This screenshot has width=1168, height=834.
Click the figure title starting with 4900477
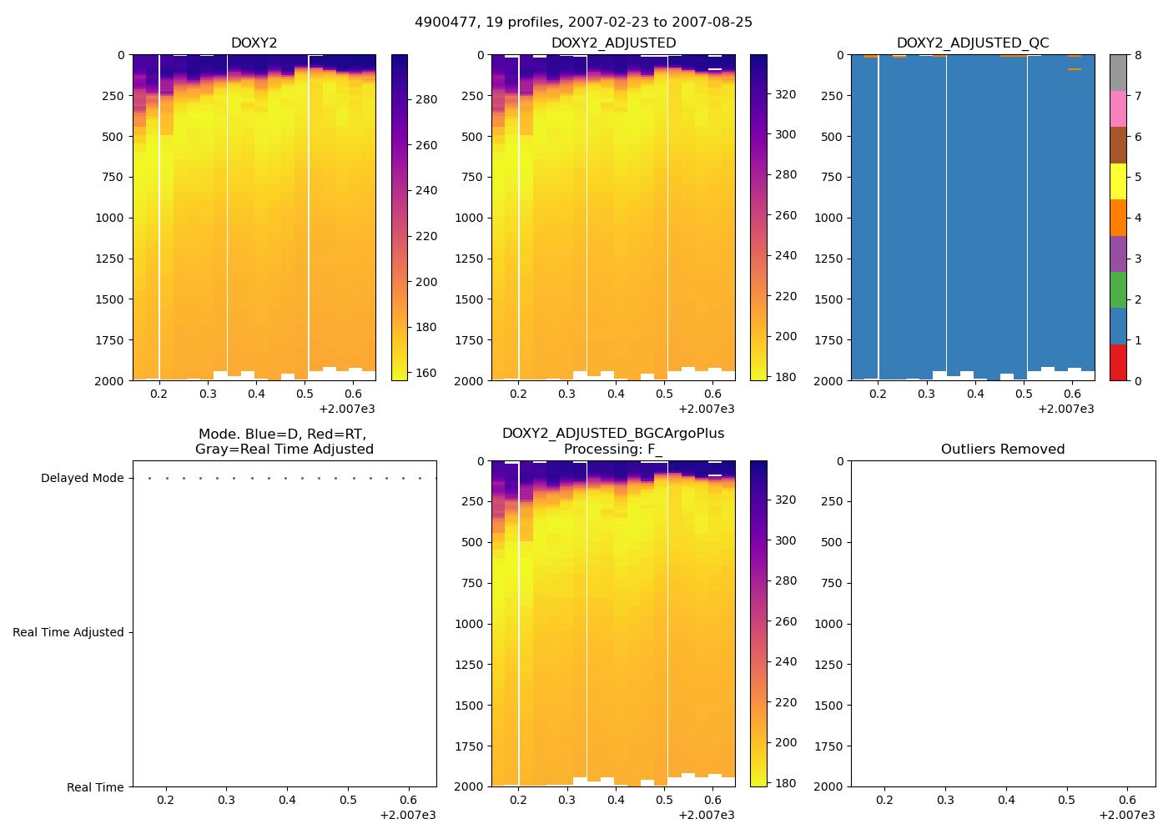tap(583, 23)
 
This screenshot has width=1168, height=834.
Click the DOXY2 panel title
tap(254, 43)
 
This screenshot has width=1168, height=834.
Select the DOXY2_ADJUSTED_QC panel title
tap(973, 43)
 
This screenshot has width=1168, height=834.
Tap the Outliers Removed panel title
tap(1003, 450)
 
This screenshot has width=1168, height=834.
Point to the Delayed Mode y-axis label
tap(82, 479)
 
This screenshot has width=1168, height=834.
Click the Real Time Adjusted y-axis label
tap(68, 633)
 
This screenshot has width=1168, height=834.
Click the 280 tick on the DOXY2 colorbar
tap(426, 100)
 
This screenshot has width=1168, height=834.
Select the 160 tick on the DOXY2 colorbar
tap(426, 373)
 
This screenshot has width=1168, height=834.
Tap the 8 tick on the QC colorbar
tap(1138, 56)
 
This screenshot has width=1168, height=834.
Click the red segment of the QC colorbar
tap(1118, 363)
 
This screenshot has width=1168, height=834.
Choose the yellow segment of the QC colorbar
tap(1118, 181)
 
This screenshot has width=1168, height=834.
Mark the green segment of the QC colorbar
tap(1118, 290)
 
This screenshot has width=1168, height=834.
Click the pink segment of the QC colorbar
tap(1118, 108)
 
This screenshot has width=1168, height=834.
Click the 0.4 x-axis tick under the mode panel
tap(287, 801)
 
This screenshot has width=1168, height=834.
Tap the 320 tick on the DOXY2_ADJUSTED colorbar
tap(786, 95)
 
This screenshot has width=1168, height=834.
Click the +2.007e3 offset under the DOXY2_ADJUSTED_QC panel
tap(1065, 409)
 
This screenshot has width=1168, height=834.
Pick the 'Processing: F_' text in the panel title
tap(612, 450)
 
